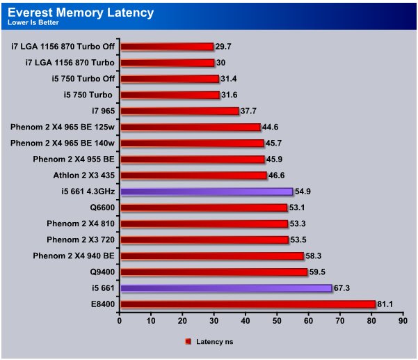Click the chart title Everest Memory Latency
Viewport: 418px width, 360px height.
81,12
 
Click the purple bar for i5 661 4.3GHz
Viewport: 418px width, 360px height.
207,191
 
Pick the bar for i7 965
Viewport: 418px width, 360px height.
179,111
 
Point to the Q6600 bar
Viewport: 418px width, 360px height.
204,207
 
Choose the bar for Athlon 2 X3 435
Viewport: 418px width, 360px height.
193,175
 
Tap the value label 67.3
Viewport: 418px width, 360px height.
342,288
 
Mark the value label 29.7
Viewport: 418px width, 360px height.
223,47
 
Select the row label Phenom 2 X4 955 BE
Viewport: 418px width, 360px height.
74,159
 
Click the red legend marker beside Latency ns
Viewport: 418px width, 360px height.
188,342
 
